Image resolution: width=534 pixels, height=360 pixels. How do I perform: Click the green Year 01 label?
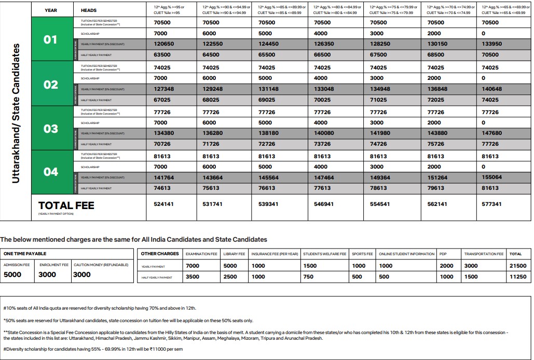[50, 39]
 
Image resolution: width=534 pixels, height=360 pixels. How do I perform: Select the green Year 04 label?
[50, 172]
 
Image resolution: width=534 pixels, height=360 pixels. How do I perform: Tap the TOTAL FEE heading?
[66, 205]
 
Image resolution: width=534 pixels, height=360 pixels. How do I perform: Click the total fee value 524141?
[164, 204]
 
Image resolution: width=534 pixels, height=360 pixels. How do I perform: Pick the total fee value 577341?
[491, 204]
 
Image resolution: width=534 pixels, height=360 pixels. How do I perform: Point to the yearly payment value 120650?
[164, 44]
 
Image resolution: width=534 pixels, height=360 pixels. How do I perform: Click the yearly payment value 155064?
[491, 177]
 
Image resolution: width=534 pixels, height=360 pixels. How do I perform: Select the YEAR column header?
[51, 10]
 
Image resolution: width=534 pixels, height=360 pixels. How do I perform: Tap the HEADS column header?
[89, 10]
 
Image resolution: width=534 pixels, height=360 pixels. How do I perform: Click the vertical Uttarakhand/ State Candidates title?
[16, 113]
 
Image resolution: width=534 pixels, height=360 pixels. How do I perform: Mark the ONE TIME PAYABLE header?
[25, 254]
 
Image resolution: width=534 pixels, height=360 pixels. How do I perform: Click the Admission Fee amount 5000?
[12, 274]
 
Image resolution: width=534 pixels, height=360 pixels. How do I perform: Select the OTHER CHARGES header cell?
[160, 254]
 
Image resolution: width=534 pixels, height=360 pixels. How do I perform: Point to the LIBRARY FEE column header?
[234, 254]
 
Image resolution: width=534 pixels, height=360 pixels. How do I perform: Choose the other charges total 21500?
[517, 266]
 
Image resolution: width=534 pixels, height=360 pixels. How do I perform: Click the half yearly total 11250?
[517, 277]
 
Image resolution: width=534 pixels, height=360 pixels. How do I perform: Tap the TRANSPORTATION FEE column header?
[484, 254]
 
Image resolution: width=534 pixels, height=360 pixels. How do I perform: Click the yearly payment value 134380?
[164, 133]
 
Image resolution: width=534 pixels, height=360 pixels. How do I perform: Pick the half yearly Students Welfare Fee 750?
[308, 277]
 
